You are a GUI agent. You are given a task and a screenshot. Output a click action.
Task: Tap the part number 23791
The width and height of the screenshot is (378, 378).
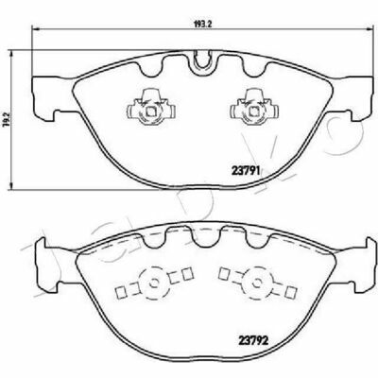coord(246,171)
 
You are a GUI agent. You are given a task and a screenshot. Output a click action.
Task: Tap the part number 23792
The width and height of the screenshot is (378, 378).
coord(253,340)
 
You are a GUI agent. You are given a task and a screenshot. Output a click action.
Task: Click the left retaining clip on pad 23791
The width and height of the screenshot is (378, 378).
coord(151,107)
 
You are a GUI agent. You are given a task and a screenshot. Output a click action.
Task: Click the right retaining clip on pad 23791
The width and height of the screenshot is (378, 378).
coord(254,107)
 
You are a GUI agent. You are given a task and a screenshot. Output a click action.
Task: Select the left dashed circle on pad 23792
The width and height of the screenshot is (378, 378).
coord(154,283)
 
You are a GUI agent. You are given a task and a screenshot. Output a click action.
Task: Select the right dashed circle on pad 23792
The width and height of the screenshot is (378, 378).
coord(257,283)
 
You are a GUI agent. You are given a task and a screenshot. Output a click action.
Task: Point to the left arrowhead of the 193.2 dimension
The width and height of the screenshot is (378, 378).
coord(35,29)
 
